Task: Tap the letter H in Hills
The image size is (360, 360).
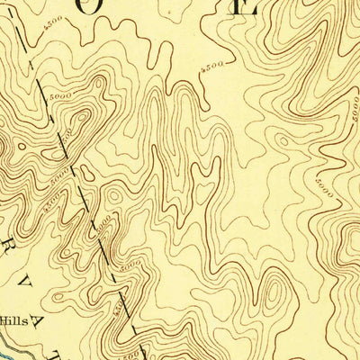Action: pos(6,319)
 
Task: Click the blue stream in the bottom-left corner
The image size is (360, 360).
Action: pos(9,347)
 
